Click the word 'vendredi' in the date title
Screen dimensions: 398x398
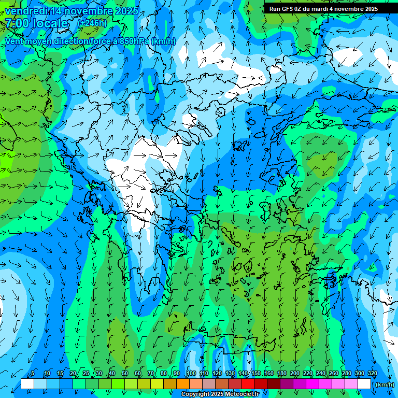click(x=25, y=11)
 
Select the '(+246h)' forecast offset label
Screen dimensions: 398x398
click(x=92, y=23)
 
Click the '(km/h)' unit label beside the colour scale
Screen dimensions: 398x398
click(x=385, y=384)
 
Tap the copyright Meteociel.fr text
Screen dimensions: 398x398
click(x=220, y=394)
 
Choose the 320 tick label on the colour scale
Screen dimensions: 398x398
click(x=372, y=374)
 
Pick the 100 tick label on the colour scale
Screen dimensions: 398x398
click(x=191, y=374)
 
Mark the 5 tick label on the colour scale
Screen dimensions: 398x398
click(x=33, y=374)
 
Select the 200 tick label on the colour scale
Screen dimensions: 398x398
click(x=294, y=374)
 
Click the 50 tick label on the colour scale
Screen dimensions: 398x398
click(x=125, y=374)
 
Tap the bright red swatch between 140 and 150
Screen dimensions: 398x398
click(x=248, y=384)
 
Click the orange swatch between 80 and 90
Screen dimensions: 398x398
click(x=170, y=384)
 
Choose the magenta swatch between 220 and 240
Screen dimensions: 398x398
click(x=312, y=384)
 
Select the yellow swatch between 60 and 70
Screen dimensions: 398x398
click(x=144, y=384)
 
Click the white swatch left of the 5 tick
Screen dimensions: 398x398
click(x=27, y=384)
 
